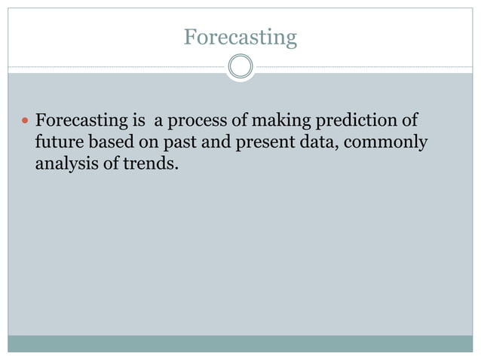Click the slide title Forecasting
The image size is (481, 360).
pyautogui.click(x=240, y=36)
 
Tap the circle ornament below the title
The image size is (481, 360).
pyautogui.click(x=240, y=67)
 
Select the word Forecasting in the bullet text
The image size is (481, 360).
pyautogui.click(x=81, y=121)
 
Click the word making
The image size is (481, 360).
pyautogui.click(x=283, y=121)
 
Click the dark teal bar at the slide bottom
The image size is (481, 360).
pyautogui.click(x=240, y=343)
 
